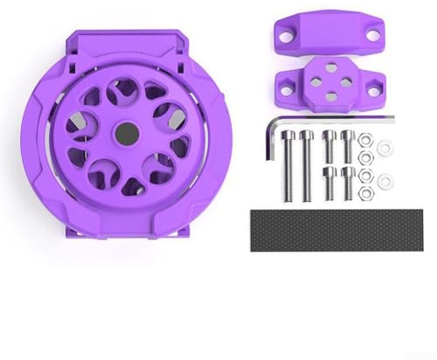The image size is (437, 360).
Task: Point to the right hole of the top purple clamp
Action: (372, 36)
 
